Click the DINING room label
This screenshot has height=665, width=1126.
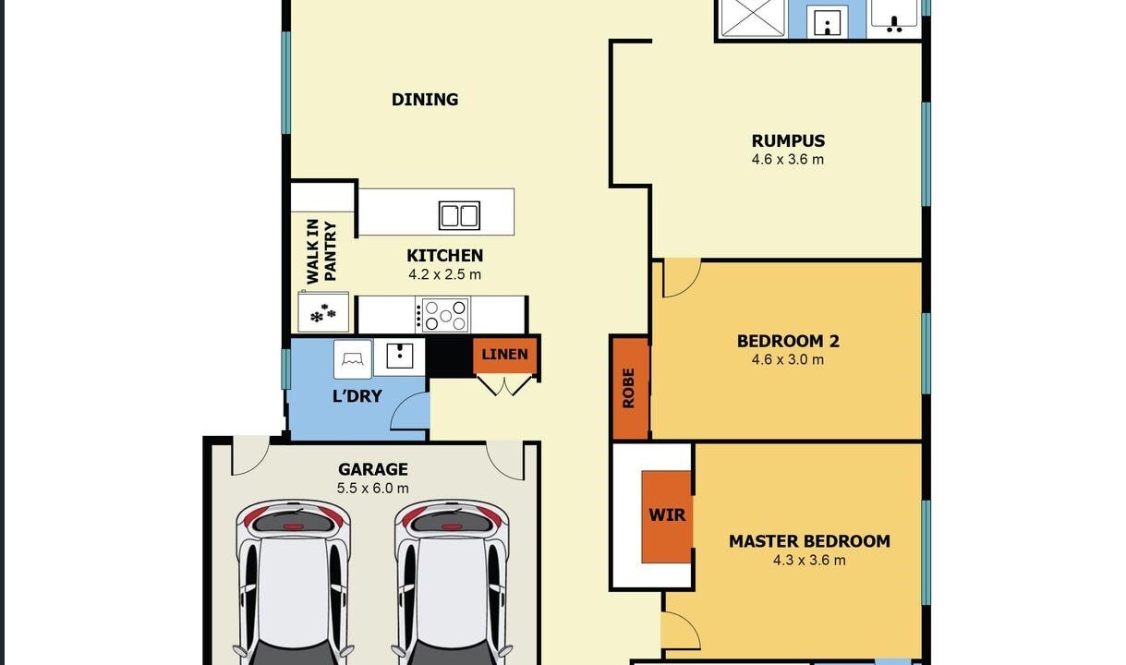click(x=425, y=100)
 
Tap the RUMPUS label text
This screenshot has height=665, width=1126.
click(x=788, y=141)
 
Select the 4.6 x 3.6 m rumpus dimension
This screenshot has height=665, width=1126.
click(x=788, y=160)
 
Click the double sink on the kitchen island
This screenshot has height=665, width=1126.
click(x=459, y=215)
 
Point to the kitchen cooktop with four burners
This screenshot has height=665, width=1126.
click(x=443, y=315)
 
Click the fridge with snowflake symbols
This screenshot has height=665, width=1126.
click(x=323, y=313)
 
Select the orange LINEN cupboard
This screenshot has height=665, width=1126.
click(x=505, y=356)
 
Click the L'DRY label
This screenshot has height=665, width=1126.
click(x=357, y=397)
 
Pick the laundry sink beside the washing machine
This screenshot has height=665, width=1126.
click(x=399, y=357)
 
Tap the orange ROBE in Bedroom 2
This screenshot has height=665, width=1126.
click(x=629, y=388)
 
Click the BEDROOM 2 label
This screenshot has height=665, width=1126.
click(x=788, y=341)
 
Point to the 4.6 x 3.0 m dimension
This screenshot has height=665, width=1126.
click(x=788, y=360)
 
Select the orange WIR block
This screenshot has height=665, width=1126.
click(x=667, y=516)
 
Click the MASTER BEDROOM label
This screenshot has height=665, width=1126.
click(x=809, y=541)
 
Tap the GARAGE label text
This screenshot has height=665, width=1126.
click(x=373, y=469)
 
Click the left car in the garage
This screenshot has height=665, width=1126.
click(x=295, y=582)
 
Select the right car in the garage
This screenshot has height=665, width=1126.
click(x=453, y=582)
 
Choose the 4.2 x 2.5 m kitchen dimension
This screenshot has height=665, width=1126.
click(x=444, y=275)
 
